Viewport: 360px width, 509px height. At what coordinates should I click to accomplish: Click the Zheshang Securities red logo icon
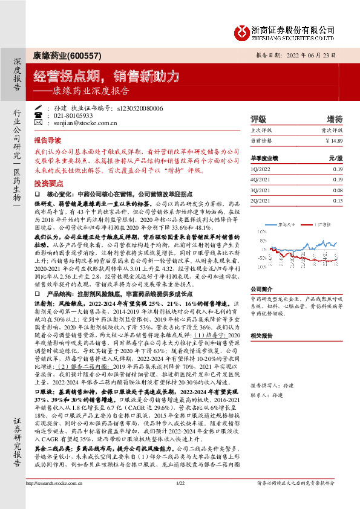click(x=242, y=32)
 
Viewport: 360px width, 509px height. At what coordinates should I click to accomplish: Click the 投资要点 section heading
click(x=49, y=182)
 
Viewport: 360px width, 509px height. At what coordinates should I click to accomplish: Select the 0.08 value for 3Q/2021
click(x=338, y=190)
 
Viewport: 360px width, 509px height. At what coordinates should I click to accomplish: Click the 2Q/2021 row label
click(x=259, y=200)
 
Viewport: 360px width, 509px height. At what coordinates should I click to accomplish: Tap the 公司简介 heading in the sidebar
click(x=261, y=289)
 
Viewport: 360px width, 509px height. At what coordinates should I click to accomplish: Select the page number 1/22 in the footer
click(x=180, y=500)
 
